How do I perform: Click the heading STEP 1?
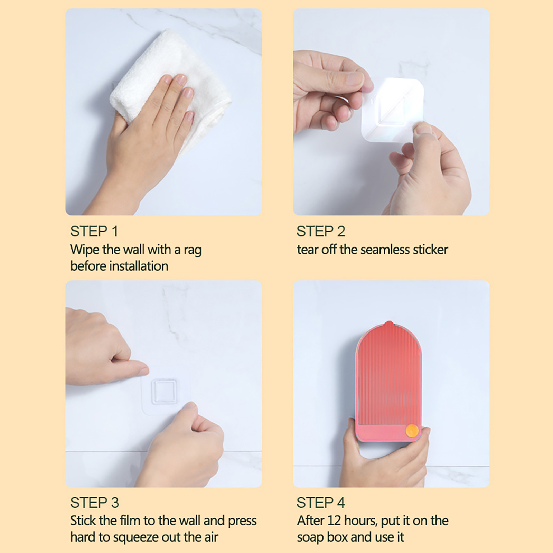tap(94, 231)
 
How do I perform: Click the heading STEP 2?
tap(321, 231)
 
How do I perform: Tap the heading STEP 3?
tap(94, 503)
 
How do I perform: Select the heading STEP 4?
tap(321, 503)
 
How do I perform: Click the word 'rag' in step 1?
tap(193, 251)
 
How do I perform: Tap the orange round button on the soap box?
tap(412, 431)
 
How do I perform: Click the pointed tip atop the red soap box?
tap(390, 322)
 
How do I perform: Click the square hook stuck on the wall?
tap(164, 391)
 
